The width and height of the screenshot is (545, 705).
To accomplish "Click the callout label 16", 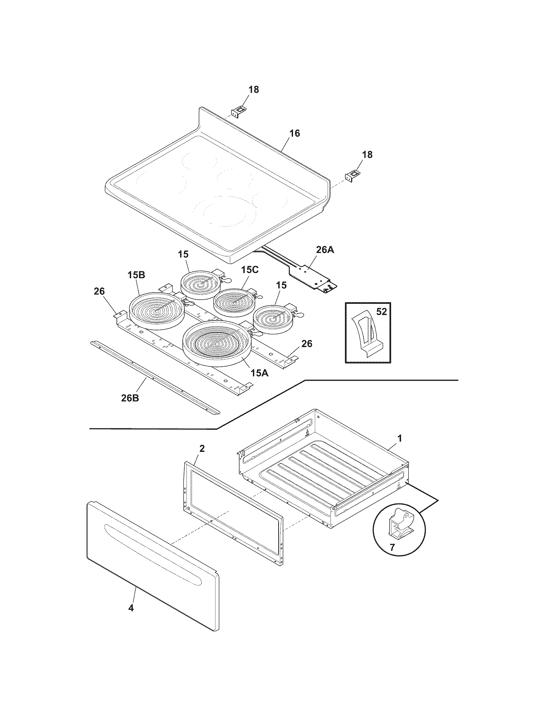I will point(294,133).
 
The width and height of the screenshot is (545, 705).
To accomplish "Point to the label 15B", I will point(136,275).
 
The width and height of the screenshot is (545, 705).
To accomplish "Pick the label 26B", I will point(130,398).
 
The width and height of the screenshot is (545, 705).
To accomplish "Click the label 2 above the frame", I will point(202,448).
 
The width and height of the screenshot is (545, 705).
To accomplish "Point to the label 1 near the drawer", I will point(399,438).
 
